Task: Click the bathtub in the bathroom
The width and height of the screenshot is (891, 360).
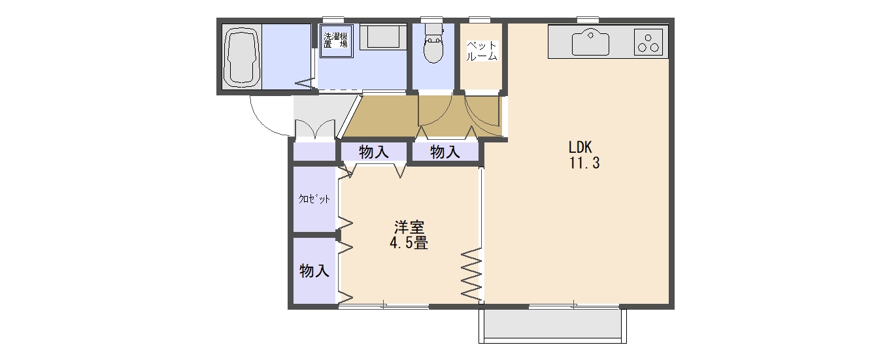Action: click(x=241, y=56)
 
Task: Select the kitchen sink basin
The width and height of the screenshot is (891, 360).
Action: click(x=590, y=42)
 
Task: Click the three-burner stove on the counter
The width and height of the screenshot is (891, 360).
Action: click(x=648, y=42)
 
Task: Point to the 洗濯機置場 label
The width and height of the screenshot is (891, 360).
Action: click(x=336, y=40)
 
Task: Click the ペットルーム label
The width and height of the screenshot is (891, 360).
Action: click(x=482, y=50)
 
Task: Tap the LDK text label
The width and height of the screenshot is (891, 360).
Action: click(x=580, y=148)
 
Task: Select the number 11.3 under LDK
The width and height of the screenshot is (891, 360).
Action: click(x=584, y=163)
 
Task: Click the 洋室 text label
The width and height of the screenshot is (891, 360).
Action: click(x=409, y=227)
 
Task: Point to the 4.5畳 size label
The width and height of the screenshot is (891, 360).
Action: click(x=409, y=243)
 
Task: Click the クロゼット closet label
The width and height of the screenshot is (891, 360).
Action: click(x=314, y=199)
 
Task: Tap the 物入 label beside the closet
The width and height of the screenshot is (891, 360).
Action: click(x=314, y=271)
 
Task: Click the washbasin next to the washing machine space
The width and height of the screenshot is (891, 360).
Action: click(x=384, y=37)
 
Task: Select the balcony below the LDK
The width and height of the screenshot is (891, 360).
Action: click(x=552, y=326)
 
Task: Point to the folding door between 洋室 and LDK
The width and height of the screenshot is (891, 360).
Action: click(x=471, y=274)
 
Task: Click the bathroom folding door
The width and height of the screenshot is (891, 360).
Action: click(x=304, y=83)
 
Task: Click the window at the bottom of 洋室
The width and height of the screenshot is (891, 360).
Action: click(x=384, y=306)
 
